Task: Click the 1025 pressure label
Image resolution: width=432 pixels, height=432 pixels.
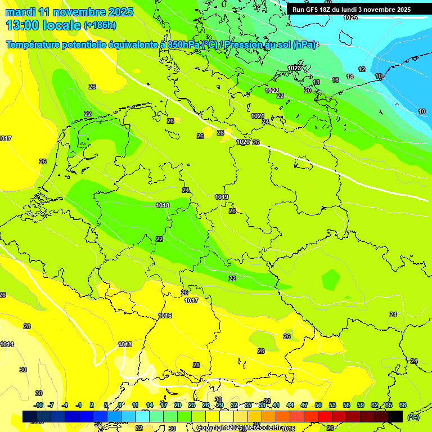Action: coord(350,17)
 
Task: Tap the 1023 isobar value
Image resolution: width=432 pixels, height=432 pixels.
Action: coord(294,68)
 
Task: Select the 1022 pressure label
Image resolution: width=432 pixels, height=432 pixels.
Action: coord(272,91)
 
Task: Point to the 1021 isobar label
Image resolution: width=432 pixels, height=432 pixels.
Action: coord(258,116)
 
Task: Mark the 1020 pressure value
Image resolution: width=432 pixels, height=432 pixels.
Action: coord(243,142)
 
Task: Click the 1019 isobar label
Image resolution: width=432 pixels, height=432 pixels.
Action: coord(222,197)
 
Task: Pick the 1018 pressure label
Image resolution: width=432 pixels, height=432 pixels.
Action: coord(163,205)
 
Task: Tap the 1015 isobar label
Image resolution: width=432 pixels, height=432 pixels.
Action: coord(125,344)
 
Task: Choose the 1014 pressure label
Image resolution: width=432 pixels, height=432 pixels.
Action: coord(7,344)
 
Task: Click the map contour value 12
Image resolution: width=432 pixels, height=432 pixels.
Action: coord(362,69)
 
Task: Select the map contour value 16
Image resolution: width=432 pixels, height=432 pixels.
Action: coord(335,80)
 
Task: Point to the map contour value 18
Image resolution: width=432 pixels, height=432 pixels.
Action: coord(316,82)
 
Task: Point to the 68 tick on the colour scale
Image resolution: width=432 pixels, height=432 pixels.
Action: coord(402,405)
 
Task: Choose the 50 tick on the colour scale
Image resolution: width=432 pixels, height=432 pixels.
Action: coord(318,405)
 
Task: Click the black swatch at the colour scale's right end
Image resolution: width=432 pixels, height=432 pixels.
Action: coord(395,416)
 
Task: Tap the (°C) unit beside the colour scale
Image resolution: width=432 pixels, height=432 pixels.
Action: coord(413,417)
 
